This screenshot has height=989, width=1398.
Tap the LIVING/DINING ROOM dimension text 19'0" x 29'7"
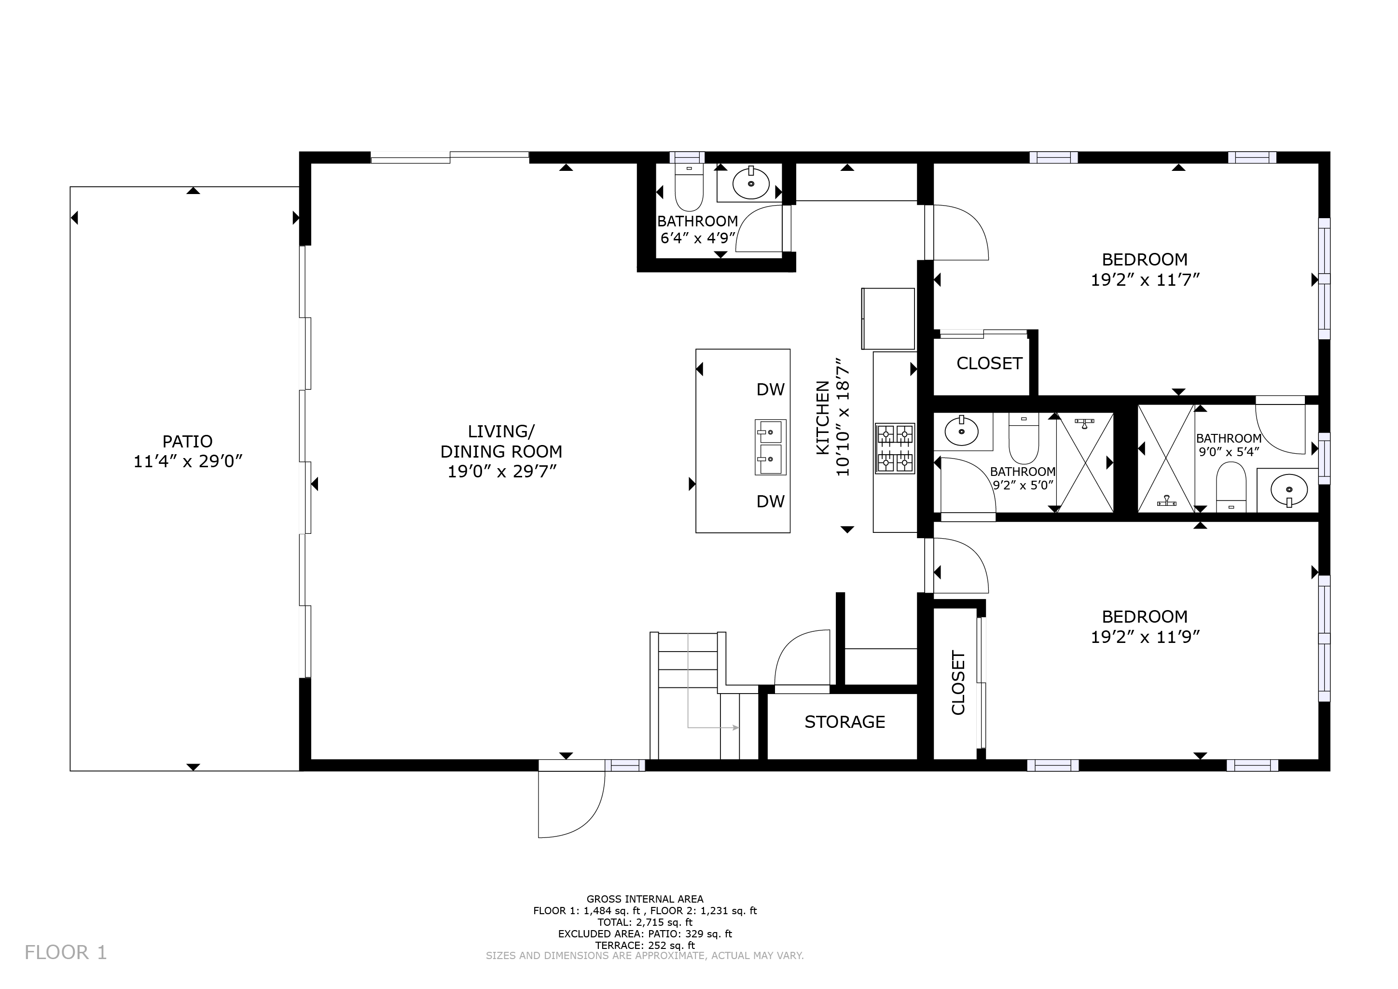(x=502, y=472)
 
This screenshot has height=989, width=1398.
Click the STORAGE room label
(x=844, y=722)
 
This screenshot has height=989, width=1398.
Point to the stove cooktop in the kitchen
(x=895, y=448)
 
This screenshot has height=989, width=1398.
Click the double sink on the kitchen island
(x=770, y=447)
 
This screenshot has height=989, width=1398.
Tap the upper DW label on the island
(x=770, y=389)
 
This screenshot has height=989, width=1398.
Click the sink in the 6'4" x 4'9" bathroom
(x=751, y=183)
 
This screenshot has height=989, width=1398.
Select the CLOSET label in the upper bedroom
(x=989, y=363)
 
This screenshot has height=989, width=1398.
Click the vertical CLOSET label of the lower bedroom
(x=958, y=683)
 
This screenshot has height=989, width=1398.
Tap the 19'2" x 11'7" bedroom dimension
(x=1145, y=280)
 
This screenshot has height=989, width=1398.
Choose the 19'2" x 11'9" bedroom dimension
(x=1145, y=637)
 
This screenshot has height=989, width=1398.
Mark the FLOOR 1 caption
(x=66, y=952)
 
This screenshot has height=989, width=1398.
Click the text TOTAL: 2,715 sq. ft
(x=645, y=922)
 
